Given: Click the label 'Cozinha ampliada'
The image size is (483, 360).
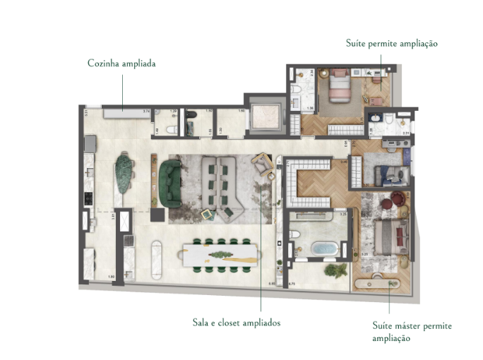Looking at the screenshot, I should pos(121,64).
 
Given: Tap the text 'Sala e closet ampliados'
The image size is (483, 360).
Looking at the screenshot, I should pos(236,323).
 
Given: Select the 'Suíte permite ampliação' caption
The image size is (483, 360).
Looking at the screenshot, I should pos(392,43).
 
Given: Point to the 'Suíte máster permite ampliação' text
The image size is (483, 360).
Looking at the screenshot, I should pos(412,332).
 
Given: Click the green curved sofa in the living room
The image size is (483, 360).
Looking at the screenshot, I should pos(170,183).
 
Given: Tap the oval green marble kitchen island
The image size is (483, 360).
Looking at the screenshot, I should pos(124,174).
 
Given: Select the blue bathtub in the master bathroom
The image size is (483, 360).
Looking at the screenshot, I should pos(325,249).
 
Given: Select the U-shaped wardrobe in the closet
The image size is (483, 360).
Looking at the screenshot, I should pos(309,185).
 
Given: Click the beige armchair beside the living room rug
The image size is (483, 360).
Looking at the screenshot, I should pos(263,164).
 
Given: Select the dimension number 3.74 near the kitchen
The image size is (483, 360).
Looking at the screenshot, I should pos(147,112).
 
